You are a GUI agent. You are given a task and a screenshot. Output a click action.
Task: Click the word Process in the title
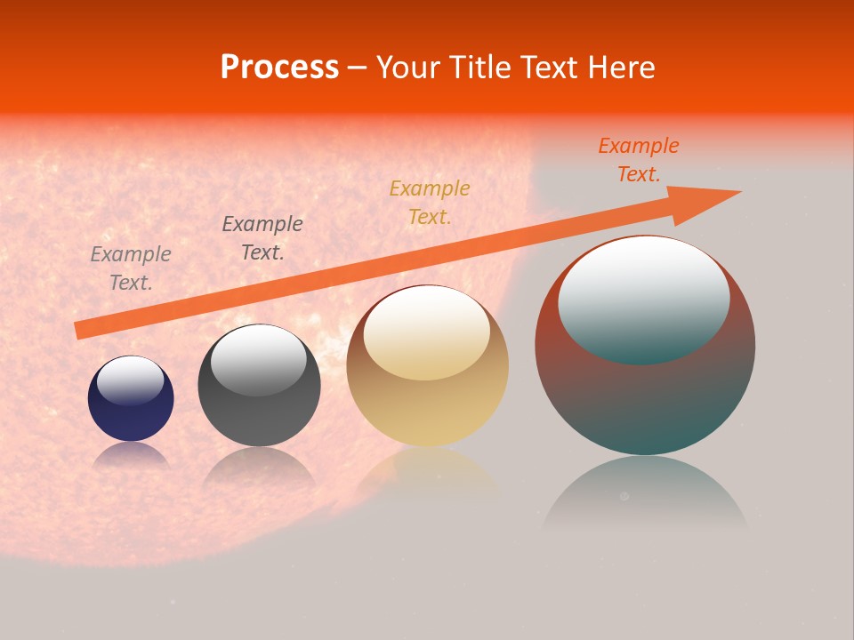pyautogui.click(x=279, y=68)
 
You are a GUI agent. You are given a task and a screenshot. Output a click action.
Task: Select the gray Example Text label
pyautogui.click(x=131, y=268)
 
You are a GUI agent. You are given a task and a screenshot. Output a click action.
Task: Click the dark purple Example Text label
pyautogui.click(x=262, y=238)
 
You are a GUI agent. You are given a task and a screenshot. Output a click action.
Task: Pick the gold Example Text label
pyautogui.click(x=430, y=202)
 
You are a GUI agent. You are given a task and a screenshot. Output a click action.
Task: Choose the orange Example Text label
pyautogui.click(x=639, y=160)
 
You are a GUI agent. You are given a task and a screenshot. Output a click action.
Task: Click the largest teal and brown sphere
pyautogui.click(x=645, y=400)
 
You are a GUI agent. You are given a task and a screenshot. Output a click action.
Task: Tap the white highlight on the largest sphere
pyautogui.click(x=643, y=298)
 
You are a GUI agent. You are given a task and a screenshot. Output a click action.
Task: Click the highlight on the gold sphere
pyautogui.click(x=427, y=332)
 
